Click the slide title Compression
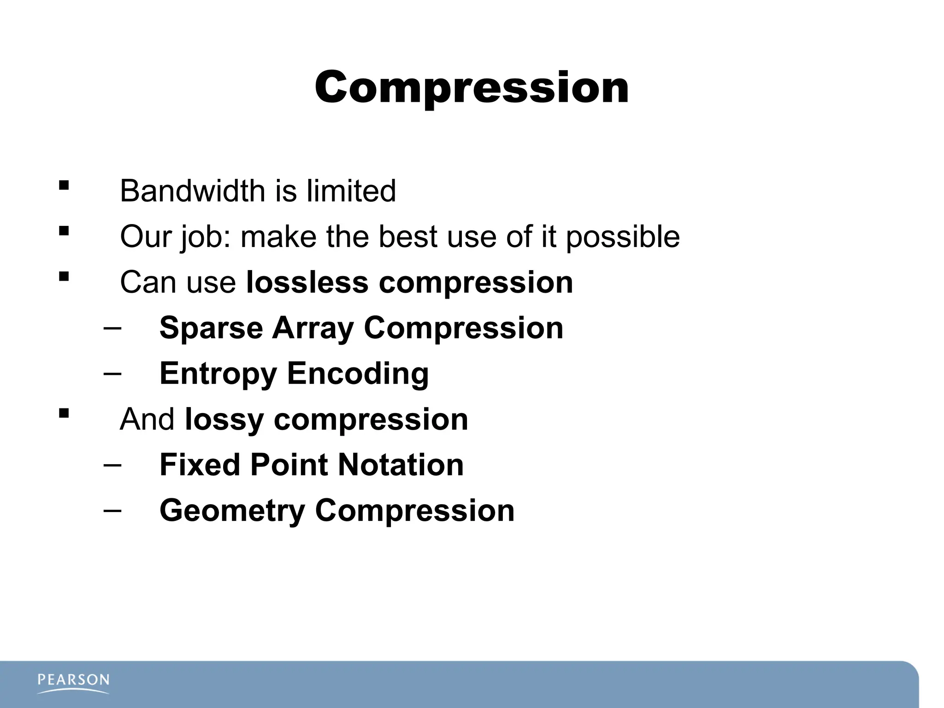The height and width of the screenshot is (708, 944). (x=472, y=88)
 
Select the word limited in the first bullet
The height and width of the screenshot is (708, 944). (x=351, y=191)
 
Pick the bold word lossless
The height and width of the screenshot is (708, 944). (x=307, y=282)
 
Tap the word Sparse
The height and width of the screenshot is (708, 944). (x=211, y=329)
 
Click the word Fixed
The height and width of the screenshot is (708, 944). (x=199, y=465)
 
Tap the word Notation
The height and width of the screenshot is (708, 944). (x=401, y=465)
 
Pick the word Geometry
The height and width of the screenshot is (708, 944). (x=232, y=511)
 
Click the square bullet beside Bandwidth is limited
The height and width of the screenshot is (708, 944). (x=64, y=186)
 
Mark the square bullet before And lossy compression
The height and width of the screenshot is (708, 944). (x=64, y=413)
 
